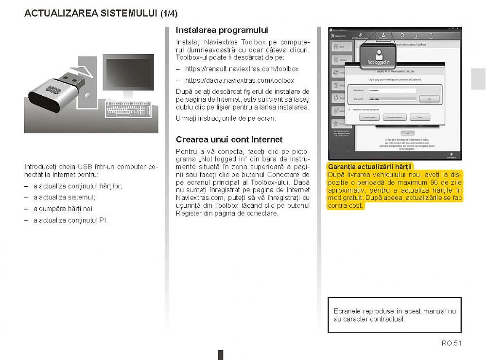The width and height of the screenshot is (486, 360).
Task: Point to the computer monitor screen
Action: (128, 74)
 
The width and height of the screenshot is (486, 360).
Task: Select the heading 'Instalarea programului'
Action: (222, 30)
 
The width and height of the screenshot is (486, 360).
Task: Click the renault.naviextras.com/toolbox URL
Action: (242, 69)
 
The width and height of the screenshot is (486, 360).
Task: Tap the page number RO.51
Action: (451, 343)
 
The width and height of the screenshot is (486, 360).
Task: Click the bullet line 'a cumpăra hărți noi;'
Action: (63, 209)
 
